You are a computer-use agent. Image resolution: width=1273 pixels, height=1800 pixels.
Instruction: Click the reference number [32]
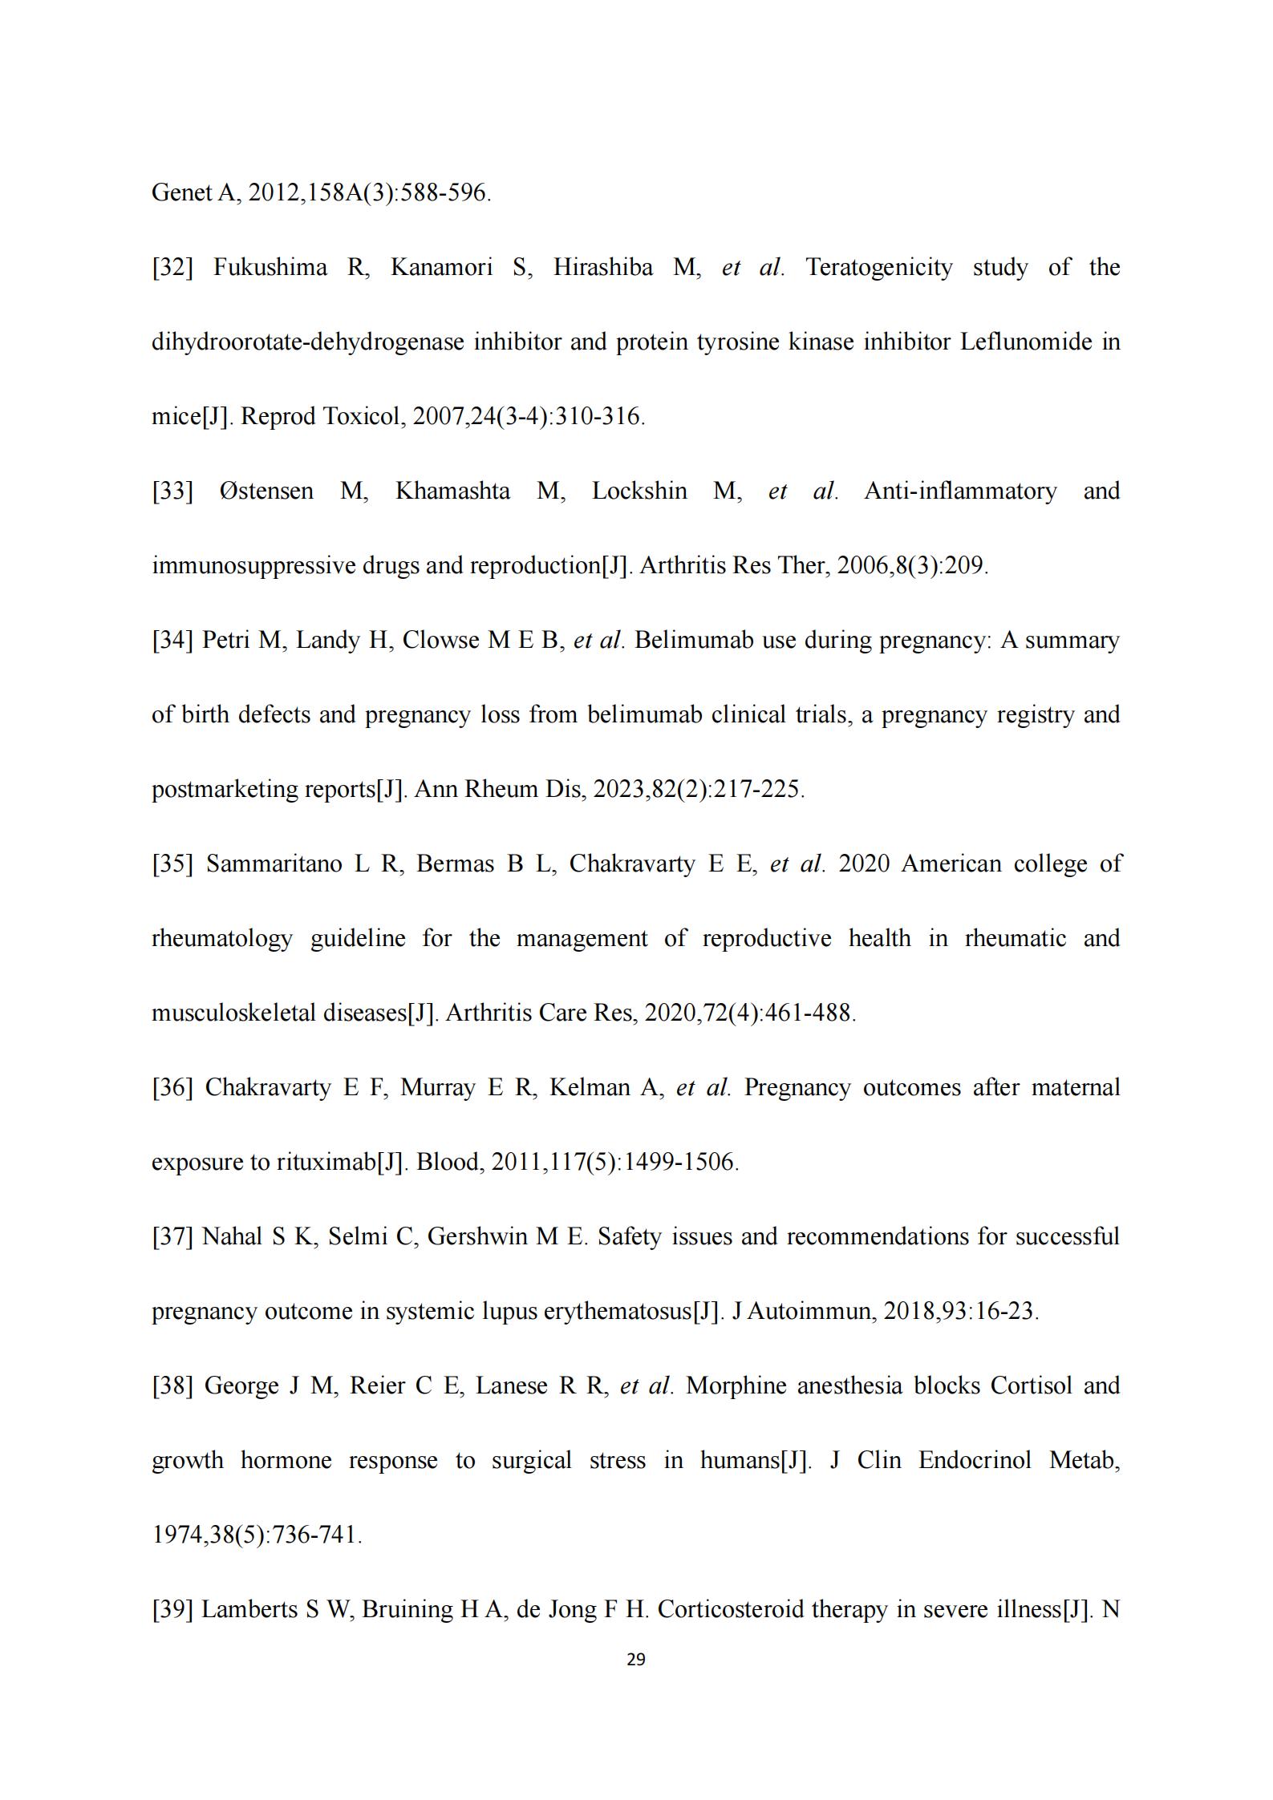point(172,268)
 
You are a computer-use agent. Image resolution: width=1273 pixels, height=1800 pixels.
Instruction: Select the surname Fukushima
point(270,268)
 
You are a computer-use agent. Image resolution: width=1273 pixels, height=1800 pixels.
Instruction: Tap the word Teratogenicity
point(878,268)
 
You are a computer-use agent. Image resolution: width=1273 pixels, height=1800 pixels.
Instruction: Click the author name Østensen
point(266,491)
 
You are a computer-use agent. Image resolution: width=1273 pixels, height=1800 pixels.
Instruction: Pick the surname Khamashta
point(452,491)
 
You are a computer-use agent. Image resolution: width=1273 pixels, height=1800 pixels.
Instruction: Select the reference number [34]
point(172,641)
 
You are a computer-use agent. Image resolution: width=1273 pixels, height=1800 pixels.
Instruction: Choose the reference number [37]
point(172,1237)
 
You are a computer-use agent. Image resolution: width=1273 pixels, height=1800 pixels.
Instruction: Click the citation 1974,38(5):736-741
point(257,1535)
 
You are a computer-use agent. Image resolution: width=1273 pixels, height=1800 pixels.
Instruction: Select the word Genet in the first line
point(180,193)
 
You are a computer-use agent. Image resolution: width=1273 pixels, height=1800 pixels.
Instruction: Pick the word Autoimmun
point(810,1312)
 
